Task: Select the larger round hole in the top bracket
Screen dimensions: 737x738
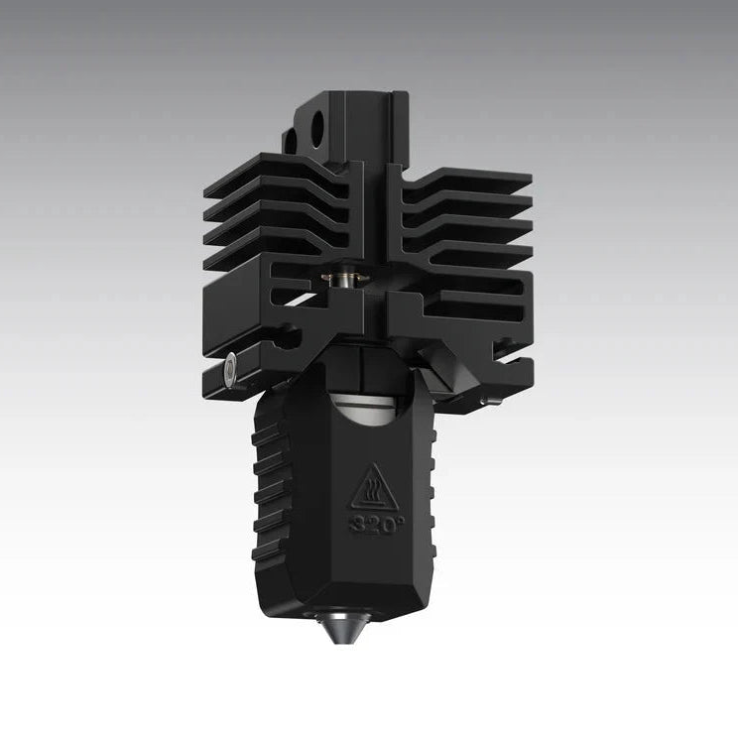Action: click(316, 128)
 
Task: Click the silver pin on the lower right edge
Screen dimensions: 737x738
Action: click(490, 400)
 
